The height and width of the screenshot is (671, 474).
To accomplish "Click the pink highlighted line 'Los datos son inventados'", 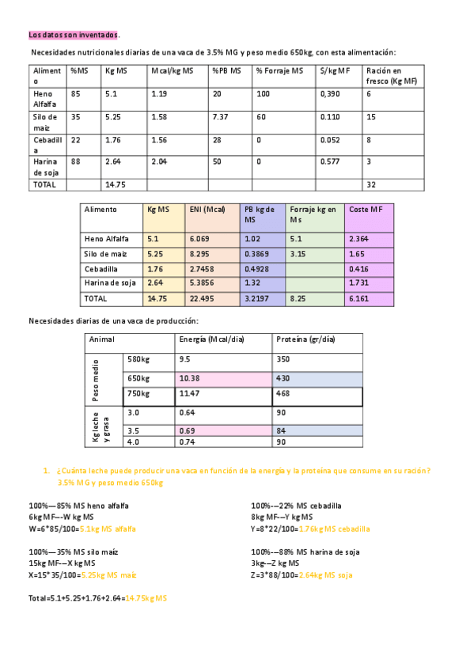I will pos(74,35).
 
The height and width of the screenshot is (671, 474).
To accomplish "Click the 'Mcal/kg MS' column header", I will pos(172,71).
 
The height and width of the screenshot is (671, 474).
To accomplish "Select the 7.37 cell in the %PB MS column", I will pos(220,117).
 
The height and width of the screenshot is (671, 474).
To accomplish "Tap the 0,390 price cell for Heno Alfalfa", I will pos(330,94).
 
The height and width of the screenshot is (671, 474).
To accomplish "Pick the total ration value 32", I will pos(371,184).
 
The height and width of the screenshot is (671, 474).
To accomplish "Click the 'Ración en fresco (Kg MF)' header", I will pos(391,76).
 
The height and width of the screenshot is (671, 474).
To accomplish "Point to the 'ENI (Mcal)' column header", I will pos(207,210).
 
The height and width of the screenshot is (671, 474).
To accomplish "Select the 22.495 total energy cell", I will pos(203,298).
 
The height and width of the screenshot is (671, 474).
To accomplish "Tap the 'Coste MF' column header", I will pos(366,210).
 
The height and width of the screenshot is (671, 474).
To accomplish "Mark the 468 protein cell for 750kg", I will pos(284,394).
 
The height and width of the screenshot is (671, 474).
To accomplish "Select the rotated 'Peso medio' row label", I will pos(96,378).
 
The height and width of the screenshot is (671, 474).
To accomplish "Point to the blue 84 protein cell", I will pos(281,430).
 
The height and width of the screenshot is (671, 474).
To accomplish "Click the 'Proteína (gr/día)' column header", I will pos(305,339).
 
